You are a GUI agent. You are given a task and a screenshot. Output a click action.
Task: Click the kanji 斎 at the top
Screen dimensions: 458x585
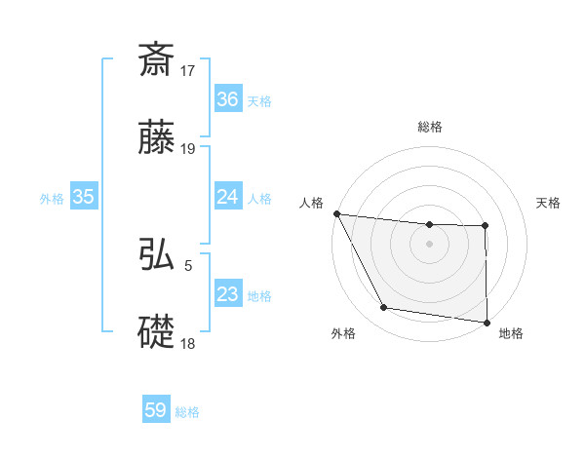pos(157,60)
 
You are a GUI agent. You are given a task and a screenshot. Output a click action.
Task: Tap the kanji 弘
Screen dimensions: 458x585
pos(157,254)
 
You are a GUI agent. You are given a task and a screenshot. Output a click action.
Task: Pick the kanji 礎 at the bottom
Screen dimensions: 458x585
pos(157,331)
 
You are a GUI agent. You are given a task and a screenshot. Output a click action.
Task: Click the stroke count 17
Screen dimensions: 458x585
pos(189,71)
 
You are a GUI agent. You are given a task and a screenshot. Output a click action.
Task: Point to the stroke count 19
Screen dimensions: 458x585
pos(189,149)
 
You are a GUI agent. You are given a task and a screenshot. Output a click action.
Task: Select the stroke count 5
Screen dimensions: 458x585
pos(188,264)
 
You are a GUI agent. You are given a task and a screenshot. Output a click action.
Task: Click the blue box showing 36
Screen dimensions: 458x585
pos(228,99)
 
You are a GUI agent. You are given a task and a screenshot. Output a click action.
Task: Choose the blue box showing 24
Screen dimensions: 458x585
pos(228,197)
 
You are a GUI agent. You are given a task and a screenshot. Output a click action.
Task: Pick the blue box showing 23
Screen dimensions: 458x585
pos(228,294)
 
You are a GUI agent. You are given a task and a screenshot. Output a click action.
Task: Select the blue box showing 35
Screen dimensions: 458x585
pos(84,197)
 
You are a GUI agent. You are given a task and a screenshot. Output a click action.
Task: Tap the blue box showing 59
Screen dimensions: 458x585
pos(156,411)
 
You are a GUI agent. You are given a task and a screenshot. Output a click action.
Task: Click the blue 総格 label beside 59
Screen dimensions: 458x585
pos(187,412)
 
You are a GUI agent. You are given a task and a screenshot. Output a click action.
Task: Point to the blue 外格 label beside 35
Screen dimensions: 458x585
pos(52,198)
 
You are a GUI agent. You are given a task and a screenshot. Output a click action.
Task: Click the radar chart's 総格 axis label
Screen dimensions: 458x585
pos(430,127)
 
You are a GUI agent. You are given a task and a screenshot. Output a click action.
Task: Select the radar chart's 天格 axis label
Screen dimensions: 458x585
pos(548,203)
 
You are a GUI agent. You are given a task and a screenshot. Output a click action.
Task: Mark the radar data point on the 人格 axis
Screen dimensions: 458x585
pos(336,213)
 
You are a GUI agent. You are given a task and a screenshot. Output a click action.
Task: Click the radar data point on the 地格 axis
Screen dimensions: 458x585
pos(486,322)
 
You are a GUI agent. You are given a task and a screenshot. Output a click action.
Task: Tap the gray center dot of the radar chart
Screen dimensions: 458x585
pos(429,244)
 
